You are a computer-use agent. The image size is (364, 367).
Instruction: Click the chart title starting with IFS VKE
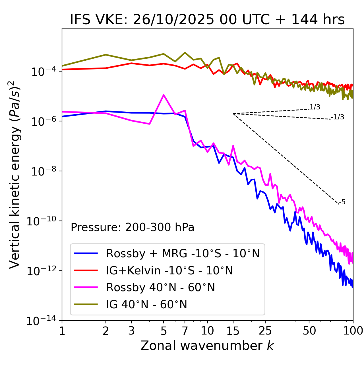click(x=207, y=20)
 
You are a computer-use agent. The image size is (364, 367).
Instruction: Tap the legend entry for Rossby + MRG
click(x=183, y=253)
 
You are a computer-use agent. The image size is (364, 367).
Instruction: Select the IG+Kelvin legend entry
click(x=169, y=270)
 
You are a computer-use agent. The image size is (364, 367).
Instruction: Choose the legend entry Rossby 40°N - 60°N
click(x=160, y=288)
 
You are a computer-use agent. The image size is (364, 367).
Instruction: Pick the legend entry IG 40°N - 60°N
click(x=146, y=305)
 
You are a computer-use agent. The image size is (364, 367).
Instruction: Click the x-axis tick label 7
click(x=185, y=331)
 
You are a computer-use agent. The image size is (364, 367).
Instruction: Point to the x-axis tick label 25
click(x=265, y=331)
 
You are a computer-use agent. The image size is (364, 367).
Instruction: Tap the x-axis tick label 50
click(x=309, y=331)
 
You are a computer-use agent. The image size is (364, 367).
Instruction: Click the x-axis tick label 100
click(x=353, y=331)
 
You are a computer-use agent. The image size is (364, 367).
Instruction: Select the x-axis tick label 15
click(x=233, y=331)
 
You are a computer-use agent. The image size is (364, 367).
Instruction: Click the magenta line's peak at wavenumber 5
click(x=164, y=95)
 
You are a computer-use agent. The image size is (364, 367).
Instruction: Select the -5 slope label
click(x=342, y=202)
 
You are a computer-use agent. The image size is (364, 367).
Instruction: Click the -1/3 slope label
click(x=338, y=117)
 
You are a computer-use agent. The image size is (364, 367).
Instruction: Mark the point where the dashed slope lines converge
click(x=233, y=114)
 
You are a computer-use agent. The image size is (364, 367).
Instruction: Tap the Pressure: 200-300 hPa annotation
click(x=133, y=227)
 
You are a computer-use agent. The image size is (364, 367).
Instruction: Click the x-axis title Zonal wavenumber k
click(x=207, y=346)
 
